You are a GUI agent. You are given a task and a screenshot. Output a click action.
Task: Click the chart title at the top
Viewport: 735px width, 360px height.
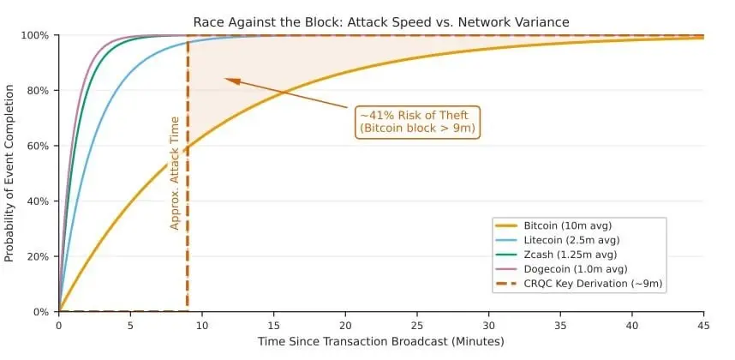(x=380, y=21)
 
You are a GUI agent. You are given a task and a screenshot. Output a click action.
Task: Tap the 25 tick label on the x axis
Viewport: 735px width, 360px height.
(x=417, y=325)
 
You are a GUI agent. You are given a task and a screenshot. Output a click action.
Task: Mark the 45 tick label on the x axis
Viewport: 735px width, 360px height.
(x=704, y=325)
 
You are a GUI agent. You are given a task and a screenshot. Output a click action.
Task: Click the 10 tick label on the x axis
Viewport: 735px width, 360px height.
(x=202, y=325)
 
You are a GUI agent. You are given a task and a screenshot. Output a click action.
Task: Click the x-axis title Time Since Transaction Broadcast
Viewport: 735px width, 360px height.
(x=380, y=342)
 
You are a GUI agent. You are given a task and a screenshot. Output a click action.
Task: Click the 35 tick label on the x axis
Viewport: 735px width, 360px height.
(x=561, y=325)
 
